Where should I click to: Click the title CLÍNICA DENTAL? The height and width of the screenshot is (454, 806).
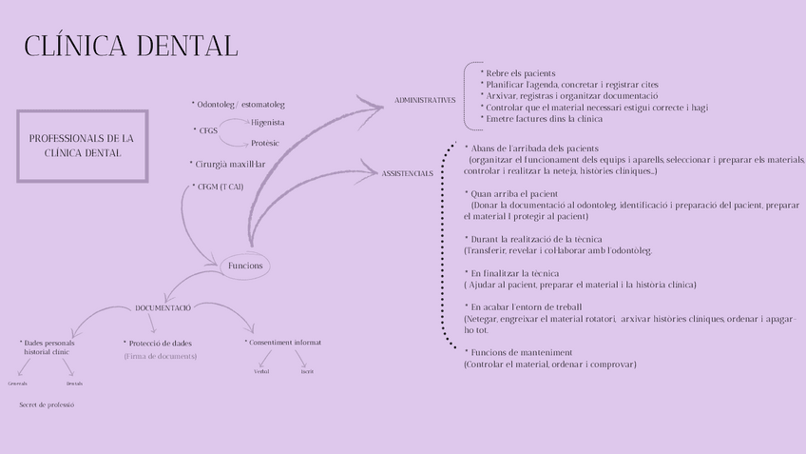[130, 46]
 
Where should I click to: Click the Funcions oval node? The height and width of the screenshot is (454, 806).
[245, 266]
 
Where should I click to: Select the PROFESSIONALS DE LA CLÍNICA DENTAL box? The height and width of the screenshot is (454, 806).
[82, 146]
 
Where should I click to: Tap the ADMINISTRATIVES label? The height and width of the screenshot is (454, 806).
[425, 100]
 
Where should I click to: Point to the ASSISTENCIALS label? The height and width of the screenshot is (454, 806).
[408, 173]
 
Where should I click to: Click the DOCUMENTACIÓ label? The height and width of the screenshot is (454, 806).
[163, 307]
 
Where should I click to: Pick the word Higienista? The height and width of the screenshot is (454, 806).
[268, 122]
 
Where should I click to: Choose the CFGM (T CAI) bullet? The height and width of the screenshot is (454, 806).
[218, 187]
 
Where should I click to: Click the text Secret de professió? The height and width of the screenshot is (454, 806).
[47, 405]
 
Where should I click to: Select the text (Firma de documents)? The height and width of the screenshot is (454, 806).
[160, 356]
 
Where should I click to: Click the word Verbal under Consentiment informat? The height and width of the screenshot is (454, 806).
[261, 371]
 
